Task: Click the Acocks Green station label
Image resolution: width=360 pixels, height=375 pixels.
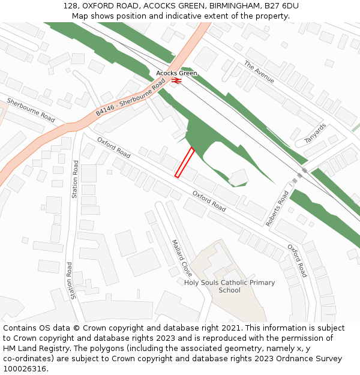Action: [176, 73]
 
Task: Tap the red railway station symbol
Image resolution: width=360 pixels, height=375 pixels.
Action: [176, 80]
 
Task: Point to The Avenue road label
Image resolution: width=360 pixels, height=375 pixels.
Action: [259, 72]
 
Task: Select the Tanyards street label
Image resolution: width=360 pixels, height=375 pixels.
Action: [315, 133]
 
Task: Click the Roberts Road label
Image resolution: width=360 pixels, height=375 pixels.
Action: [277, 208]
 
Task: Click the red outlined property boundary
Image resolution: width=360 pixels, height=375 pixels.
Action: [184, 162]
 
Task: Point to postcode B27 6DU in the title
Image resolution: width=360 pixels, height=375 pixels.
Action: [282, 6]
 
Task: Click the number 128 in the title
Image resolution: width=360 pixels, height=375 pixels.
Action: [70, 6]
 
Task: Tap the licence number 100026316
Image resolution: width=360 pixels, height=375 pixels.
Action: [25, 368]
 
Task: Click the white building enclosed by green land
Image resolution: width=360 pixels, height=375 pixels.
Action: [238, 177]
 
